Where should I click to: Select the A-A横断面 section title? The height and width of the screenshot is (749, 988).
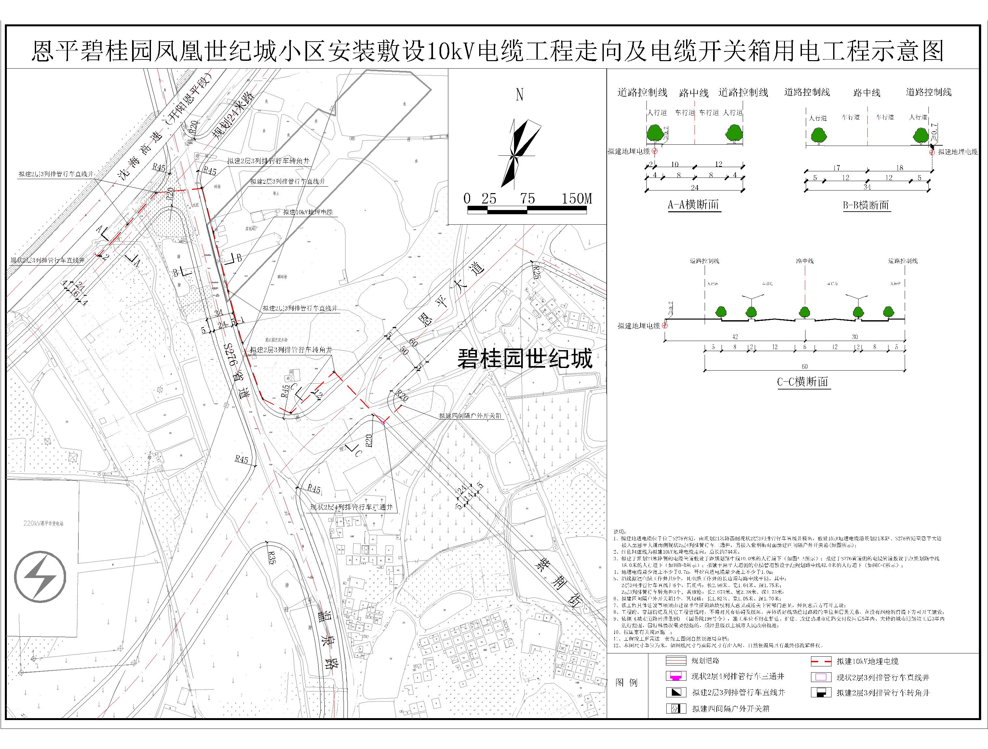coord(693,205)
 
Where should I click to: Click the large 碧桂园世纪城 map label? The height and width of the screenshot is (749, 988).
coord(525,359)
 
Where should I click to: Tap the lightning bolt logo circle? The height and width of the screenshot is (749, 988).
coord(40,577)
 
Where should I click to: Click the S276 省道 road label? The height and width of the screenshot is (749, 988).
coord(237,371)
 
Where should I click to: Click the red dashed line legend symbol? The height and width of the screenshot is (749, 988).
coord(821,662)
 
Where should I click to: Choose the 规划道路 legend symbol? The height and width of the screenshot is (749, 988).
coord(676,661)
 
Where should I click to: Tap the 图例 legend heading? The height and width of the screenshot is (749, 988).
coord(626,682)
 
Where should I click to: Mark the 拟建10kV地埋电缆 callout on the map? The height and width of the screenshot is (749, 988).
coord(308,213)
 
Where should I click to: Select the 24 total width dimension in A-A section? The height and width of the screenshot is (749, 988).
coord(695,188)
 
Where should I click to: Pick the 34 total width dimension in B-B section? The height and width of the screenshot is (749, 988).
coord(867,188)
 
